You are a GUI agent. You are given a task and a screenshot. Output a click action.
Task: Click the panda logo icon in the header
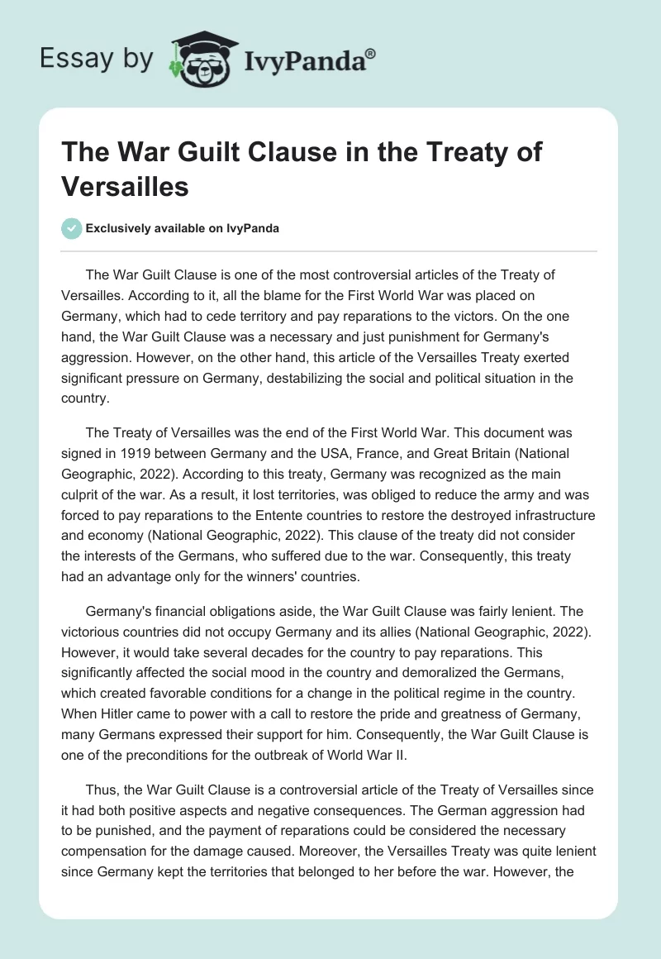(202, 59)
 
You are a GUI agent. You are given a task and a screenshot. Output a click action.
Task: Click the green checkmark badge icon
(72, 228)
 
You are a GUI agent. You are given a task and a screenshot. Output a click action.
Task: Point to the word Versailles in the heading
(126, 186)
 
